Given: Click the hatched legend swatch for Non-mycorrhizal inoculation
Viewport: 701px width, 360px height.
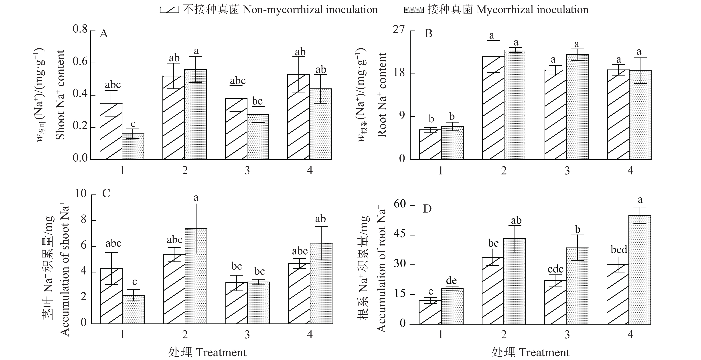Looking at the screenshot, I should coord(169,10).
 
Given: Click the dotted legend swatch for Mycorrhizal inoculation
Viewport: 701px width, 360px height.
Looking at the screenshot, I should coord(414,10).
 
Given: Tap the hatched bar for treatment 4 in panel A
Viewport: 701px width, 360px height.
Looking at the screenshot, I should coord(298,117).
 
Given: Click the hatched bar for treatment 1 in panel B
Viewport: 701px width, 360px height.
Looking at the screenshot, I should coord(430,145).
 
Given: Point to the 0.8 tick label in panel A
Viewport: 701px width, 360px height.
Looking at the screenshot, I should coord(80,29).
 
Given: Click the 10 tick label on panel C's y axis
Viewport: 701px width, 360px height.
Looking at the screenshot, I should coord(81,194).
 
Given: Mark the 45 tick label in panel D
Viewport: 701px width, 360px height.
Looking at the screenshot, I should coord(400,235).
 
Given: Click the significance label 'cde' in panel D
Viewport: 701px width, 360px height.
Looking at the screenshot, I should coord(555,269).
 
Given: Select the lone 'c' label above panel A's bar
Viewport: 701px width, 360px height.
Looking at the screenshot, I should coord(133,124).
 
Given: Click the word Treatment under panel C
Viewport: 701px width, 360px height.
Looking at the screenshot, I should coord(221,352).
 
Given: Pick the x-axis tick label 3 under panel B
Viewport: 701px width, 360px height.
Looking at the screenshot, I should coord(567,171).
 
